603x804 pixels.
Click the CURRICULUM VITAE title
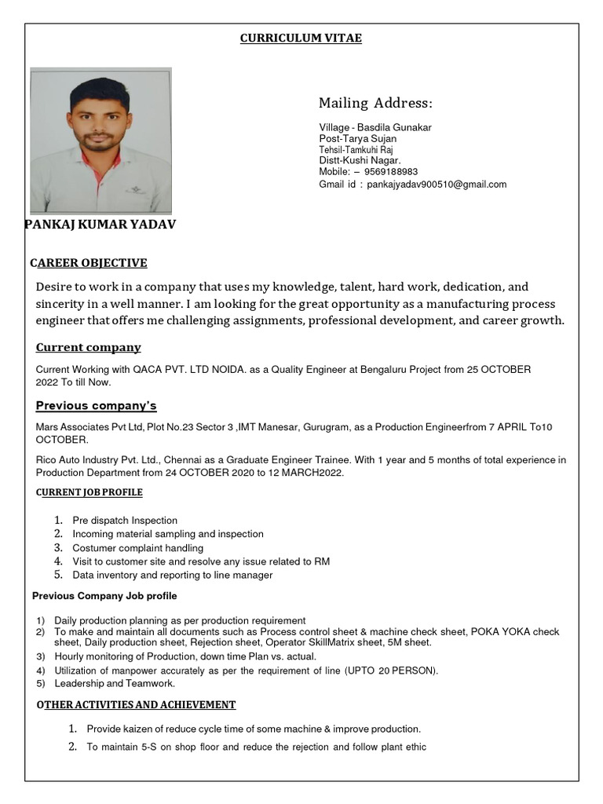click(x=301, y=38)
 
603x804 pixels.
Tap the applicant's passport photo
click(x=100, y=140)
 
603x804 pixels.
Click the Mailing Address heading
click(x=375, y=104)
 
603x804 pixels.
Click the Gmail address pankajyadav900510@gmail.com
click(x=437, y=185)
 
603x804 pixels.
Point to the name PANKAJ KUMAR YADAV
click(x=100, y=225)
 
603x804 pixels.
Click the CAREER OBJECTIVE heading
click(x=89, y=263)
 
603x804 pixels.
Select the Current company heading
click(x=89, y=347)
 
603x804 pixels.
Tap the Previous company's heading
click(x=97, y=406)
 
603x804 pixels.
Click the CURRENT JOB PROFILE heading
click(x=90, y=492)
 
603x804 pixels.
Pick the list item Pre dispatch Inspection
click(x=125, y=521)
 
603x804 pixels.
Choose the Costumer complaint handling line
click(x=137, y=548)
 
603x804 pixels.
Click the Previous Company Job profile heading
click(x=104, y=596)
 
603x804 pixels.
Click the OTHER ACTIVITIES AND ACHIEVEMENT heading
click(x=136, y=705)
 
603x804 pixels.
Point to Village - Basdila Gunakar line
click(x=375, y=127)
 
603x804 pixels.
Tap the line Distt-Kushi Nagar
click(x=360, y=160)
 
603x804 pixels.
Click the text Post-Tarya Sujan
click(x=357, y=139)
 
